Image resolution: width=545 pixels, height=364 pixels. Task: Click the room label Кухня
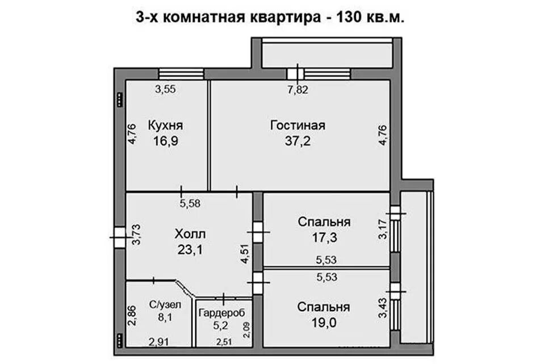[166, 125]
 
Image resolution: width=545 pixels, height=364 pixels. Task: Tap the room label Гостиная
[297, 125]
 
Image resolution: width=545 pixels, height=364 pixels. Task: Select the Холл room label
[190, 234]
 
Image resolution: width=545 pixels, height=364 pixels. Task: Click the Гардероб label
[222, 312]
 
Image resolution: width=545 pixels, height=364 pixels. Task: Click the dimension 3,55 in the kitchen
[166, 89]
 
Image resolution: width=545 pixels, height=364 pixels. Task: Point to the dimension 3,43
[383, 307]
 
